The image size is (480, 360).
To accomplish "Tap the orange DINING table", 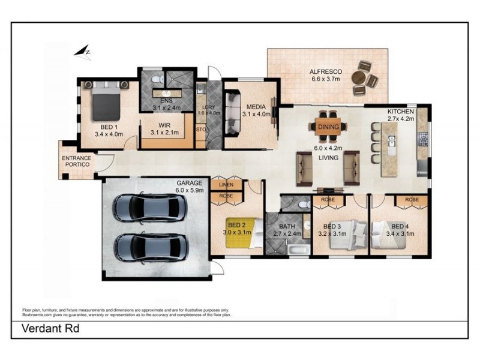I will click(328, 127).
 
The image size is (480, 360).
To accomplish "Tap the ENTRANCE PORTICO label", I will click(77, 161).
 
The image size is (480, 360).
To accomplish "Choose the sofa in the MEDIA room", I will click(232, 113).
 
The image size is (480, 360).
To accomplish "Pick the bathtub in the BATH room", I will click(296, 250).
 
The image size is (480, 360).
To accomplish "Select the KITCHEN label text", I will click(400, 112).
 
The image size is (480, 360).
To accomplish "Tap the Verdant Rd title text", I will click(50, 329).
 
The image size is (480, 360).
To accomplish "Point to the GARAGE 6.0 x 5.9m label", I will click(190, 186).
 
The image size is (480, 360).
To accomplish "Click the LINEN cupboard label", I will click(226, 185).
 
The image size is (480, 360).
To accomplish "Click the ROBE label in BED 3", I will click(328, 199).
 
